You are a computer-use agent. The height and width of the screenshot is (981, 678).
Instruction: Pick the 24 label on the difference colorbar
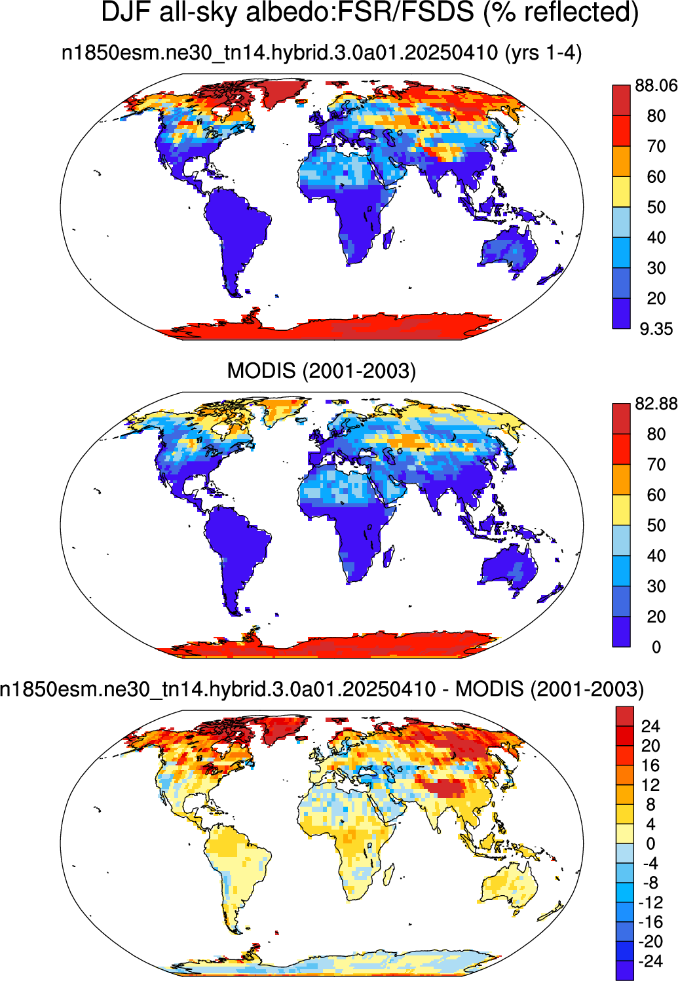coord(650,726)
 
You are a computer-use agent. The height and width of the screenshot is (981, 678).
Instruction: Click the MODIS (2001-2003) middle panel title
coord(321,371)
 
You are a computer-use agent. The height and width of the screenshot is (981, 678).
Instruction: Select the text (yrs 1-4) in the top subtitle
coord(543,53)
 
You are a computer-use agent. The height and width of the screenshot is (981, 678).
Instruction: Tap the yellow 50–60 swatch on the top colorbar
coord(621,192)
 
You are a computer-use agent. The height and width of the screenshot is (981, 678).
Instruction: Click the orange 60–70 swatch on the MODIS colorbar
coord(621,480)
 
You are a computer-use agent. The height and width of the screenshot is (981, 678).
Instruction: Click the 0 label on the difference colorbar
coord(650,843)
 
